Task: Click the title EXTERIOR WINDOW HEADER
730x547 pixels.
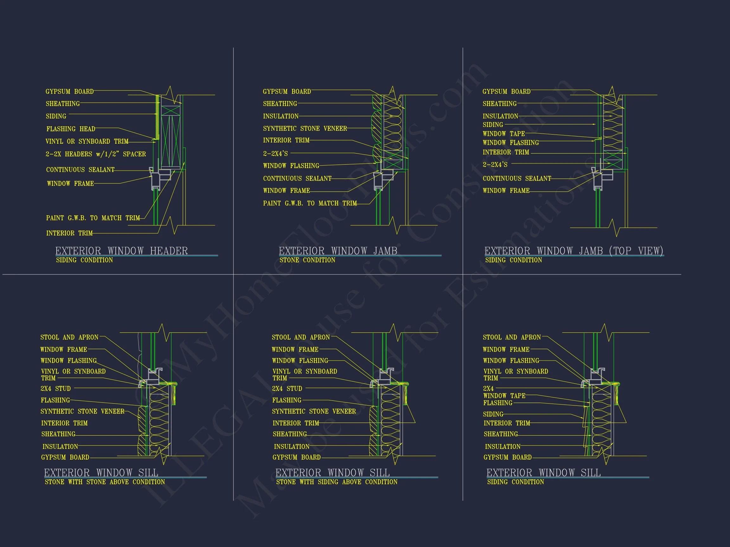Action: (121, 251)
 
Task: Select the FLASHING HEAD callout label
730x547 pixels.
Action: (71, 129)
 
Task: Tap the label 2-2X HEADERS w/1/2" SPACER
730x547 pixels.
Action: (96, 154)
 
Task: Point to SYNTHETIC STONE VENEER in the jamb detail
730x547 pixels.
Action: (304, 129)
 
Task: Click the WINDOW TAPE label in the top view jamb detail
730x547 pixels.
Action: (503, 134)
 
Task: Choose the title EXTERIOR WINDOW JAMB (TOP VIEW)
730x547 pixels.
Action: (573, 251)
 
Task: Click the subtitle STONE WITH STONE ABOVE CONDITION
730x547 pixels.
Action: (105, 482)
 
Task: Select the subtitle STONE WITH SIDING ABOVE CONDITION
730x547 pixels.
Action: (336, 482)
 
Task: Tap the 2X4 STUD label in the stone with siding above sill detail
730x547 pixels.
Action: (287, 389)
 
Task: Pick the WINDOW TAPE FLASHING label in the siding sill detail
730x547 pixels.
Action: (504, 399)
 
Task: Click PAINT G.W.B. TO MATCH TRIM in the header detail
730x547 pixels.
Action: (93, 218)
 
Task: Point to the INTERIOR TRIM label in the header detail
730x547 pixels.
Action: (69, 233)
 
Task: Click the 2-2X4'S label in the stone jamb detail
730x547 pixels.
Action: (275, 154)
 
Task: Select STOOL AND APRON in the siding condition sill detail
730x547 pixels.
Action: (511, 337)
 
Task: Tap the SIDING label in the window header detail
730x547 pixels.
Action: (56, 116)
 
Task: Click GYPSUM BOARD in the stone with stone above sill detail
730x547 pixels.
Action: (65, 457)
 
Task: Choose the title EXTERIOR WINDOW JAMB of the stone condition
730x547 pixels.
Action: (338, 251)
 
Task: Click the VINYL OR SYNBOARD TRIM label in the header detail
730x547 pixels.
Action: (87, 141)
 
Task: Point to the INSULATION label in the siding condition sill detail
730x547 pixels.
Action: (502, 447)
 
